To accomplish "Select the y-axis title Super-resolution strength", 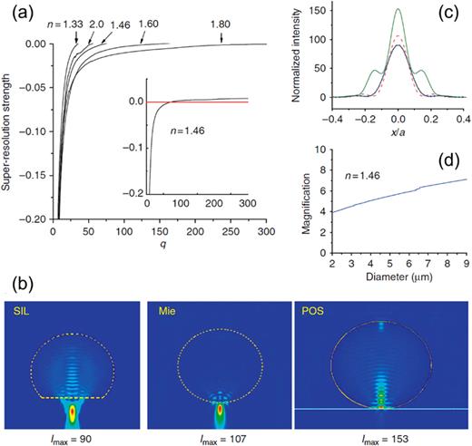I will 10,127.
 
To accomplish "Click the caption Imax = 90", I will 73,438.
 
